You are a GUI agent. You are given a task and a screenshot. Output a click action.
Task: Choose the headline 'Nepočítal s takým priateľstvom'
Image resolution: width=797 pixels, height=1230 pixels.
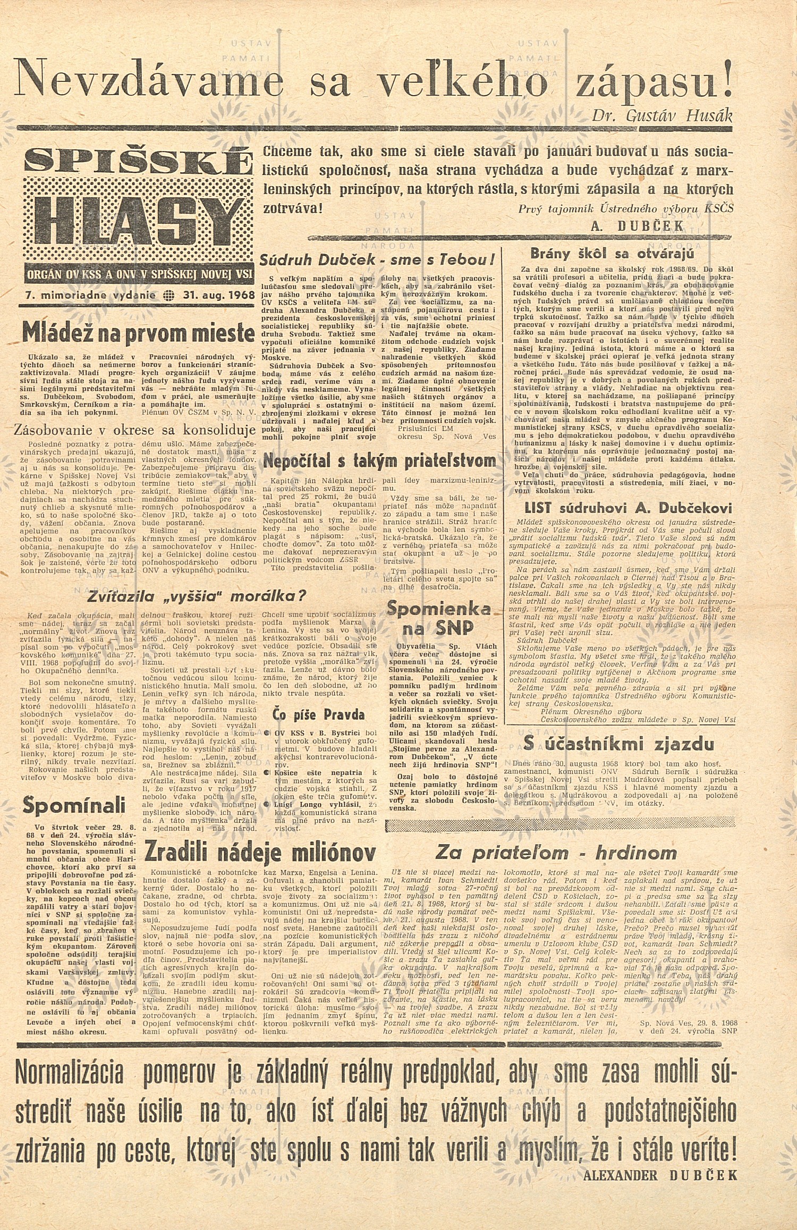pyautogui.click(x=380, y=460)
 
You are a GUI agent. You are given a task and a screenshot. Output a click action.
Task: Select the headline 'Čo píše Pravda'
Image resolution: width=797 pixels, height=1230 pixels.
pyautogui.click(x=318, y=713)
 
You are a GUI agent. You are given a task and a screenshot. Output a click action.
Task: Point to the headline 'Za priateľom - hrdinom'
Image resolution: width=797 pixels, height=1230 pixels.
pyautogui.click(x=556, y=853)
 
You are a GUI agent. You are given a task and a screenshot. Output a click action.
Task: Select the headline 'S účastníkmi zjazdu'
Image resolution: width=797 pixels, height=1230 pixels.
pyautogui.click(x=618, y=743)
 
